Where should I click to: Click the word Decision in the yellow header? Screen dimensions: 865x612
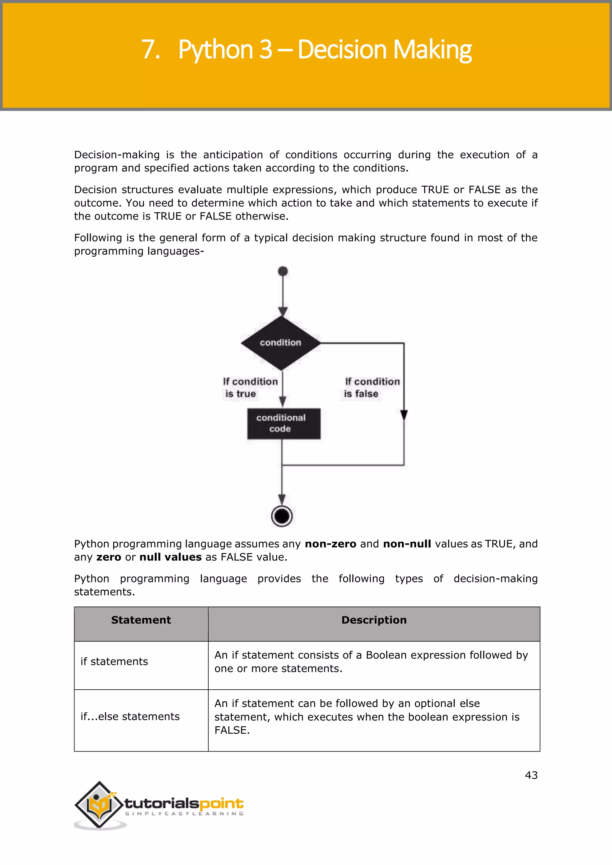[x=342, y=49]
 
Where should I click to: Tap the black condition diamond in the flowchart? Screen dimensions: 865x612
[x=281, y=343]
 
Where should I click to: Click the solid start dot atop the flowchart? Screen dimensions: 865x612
[x=283, y=271]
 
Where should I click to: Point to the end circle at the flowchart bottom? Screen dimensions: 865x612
[x=282, y=516]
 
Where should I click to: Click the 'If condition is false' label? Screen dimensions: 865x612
[x=371, y=387]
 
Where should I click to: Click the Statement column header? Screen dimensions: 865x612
[x=141, y=620]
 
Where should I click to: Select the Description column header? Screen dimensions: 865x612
[x=374, y=620]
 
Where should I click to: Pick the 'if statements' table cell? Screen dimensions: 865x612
[x=114, y=662]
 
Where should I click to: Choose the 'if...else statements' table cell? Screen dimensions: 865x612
[x=130, y=717]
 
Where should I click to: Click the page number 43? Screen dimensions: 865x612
[x=531, y=775]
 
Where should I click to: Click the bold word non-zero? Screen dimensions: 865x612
[x=330, y=544]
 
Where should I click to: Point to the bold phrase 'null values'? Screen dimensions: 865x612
[x=170, y=557]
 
